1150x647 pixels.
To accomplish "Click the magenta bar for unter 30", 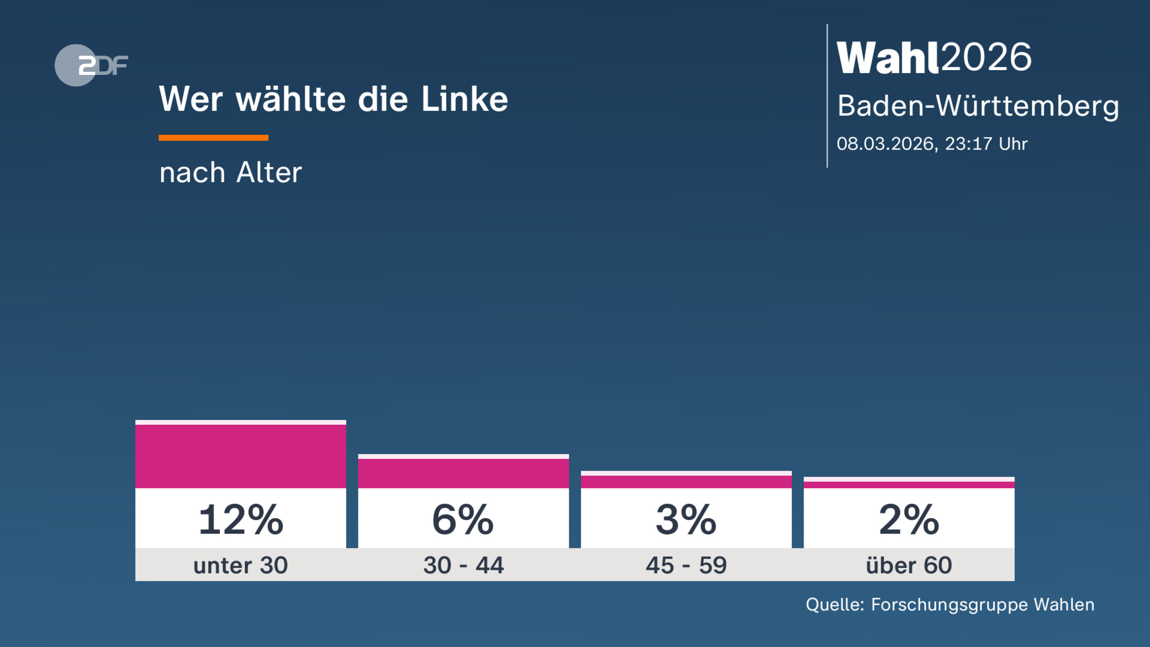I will point(241,456).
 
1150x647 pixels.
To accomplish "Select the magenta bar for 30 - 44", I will point(463,473).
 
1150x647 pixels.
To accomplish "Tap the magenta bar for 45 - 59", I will point(686,482).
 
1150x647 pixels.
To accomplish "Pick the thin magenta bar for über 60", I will point(909,485).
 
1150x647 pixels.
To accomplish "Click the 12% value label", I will point(241,520).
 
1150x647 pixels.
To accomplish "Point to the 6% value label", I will point(463,520).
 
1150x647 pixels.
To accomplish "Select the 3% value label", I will point(686,520).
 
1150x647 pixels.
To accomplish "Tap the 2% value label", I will point(909,520).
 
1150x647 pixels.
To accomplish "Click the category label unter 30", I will point(241,566).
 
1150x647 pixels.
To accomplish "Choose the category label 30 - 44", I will point(463,566).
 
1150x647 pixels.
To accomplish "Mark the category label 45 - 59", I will point(686,566).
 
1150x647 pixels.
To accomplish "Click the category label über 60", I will point(909,566).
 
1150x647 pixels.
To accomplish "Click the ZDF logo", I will point(91,65).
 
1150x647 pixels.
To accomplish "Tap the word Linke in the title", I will point(464,99).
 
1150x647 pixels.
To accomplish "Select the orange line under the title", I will point(213,138).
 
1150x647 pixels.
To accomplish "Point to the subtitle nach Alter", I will point(230,173).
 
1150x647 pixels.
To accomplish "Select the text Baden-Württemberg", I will point(978,106).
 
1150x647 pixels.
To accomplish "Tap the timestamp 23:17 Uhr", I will point(986,144).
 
